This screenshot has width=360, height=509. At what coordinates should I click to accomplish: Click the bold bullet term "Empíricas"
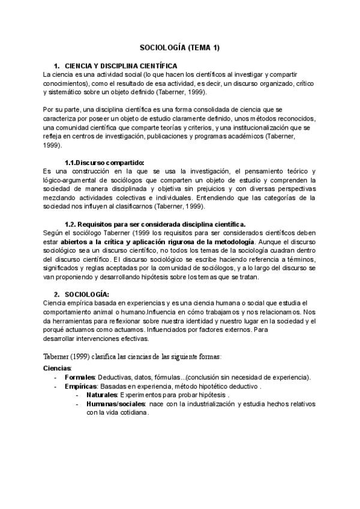click(x=81, y=387)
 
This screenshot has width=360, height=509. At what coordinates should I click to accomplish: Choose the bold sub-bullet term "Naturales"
click(x=102, y=396)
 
